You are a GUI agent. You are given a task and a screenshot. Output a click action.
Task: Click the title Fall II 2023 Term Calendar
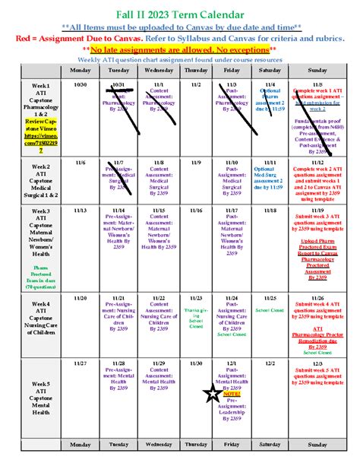click(x=180, y=14)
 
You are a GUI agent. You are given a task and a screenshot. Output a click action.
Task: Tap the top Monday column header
click(x=80, y=70)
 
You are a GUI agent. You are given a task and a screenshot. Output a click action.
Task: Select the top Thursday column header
click(x=196, y=70)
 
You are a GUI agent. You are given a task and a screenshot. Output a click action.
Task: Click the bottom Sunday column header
click(x=317, y=445)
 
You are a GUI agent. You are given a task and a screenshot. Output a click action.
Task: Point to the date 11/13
click(x=80, y=210)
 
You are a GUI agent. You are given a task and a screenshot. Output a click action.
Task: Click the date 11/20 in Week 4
click(x=80, y=298)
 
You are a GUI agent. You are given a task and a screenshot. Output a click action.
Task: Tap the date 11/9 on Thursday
click(x=196, y=162)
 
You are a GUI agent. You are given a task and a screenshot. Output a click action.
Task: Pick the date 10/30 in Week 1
click(x=80, y=84)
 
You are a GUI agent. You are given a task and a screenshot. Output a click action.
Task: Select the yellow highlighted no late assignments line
click(x=180, y=49)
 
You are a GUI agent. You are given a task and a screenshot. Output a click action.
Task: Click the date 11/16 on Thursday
click(x=196, y=210)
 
